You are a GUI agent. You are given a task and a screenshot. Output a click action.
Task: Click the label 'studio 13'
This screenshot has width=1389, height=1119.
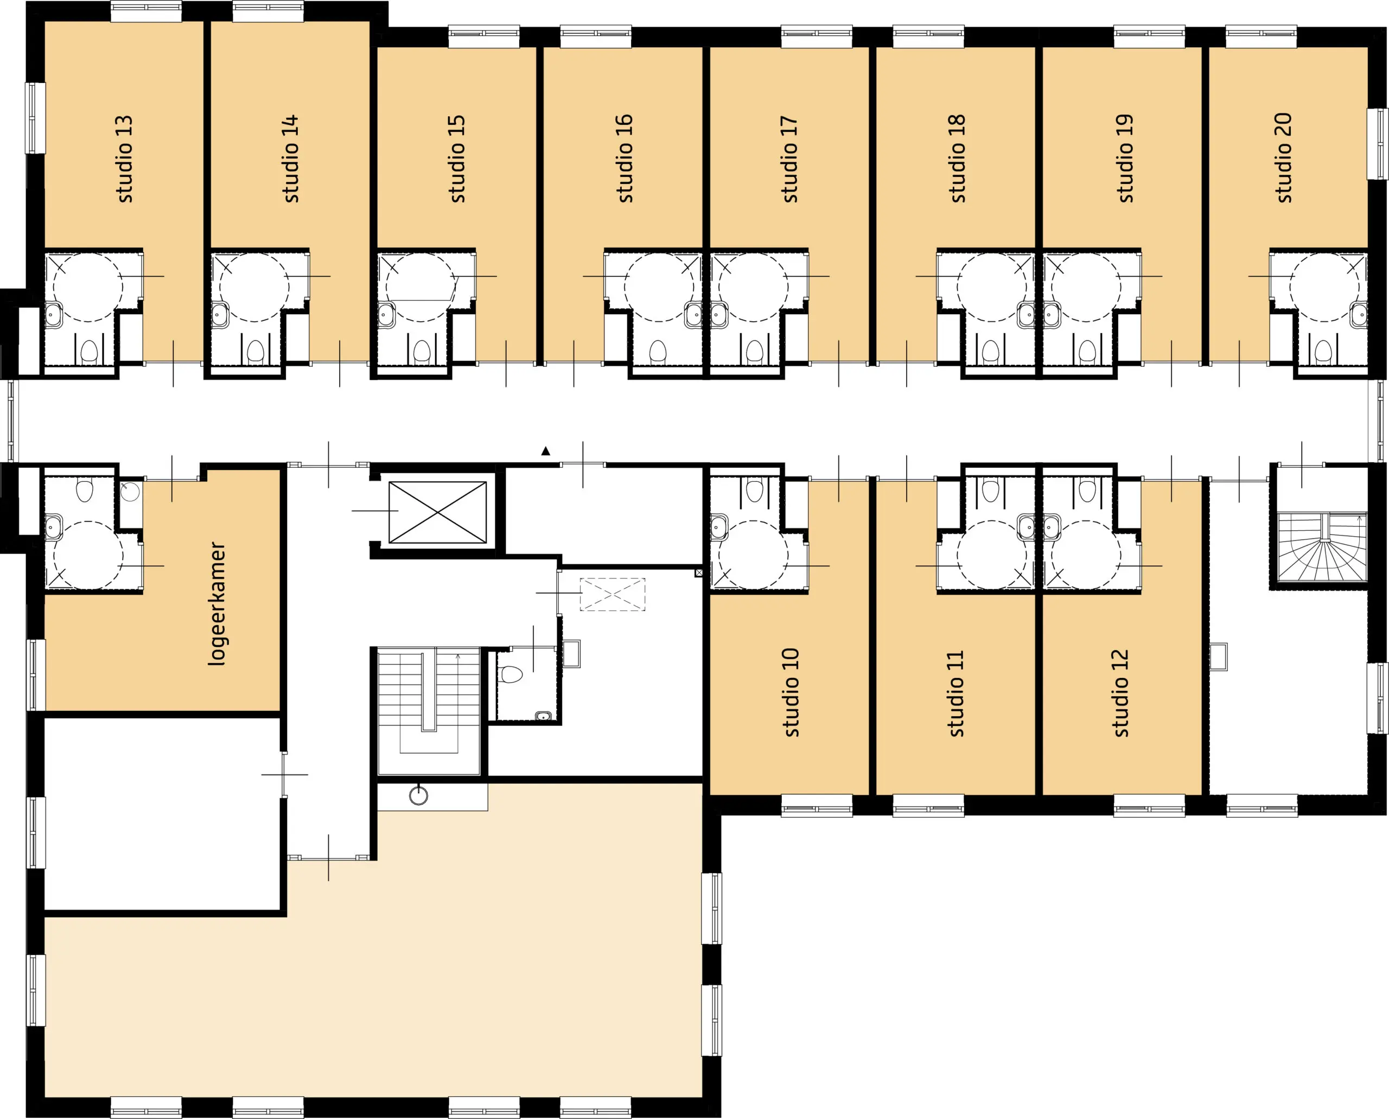(124, 158)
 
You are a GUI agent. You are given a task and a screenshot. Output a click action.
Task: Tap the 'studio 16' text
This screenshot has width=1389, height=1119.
(625, 158)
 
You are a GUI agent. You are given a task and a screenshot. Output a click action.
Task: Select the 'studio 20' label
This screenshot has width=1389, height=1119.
(1283, 158)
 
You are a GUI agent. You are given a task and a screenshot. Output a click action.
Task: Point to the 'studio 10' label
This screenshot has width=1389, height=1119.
(790, 692)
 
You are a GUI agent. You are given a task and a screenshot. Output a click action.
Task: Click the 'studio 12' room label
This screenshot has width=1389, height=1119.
(1121, 693)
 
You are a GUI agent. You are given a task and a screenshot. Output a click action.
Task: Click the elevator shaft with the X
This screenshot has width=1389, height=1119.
(438, 512)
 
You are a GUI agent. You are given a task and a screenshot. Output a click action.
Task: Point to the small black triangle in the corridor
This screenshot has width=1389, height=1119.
(546, 451)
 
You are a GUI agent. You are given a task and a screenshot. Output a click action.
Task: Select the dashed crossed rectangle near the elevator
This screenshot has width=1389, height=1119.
(613, 594)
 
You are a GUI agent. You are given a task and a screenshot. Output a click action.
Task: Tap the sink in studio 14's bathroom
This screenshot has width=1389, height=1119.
(219, 315)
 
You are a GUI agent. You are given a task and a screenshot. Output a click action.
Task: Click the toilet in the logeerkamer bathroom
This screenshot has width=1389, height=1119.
(85, 490)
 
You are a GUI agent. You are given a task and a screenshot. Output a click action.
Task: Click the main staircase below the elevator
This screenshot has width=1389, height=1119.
(429, 711)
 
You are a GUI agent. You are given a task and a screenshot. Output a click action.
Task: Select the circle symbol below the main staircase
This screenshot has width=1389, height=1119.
(419, 796)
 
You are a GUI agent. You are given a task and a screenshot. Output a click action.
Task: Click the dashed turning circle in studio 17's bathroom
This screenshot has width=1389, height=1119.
(754, 288)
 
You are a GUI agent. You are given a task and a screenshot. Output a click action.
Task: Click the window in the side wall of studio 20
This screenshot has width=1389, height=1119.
(1378, 143)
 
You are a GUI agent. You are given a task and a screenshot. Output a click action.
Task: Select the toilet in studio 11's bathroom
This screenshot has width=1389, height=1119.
(991, 490)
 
